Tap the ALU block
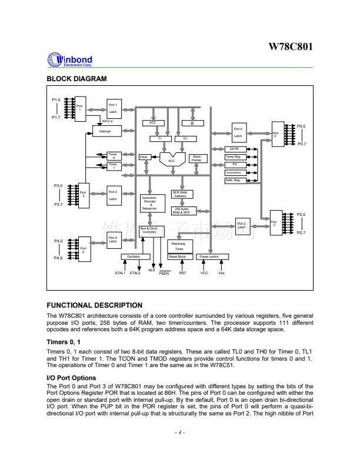pos(171,159)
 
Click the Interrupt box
pos(105,131)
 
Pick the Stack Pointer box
pos(196,158)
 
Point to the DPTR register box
pos(234,149)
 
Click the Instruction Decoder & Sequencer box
pos(149,203)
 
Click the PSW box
pos(144,157)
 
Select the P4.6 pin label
pos(58,258)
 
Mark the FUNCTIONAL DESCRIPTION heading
pos(94,305)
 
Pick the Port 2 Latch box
pos(241,225)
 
